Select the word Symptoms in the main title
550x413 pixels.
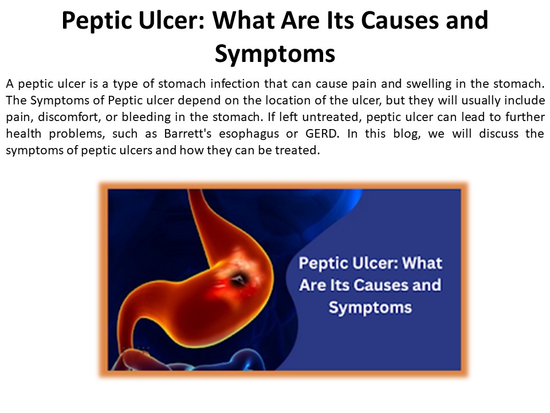274,53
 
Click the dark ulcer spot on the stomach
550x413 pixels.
238,279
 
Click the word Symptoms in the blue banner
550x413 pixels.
370,307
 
